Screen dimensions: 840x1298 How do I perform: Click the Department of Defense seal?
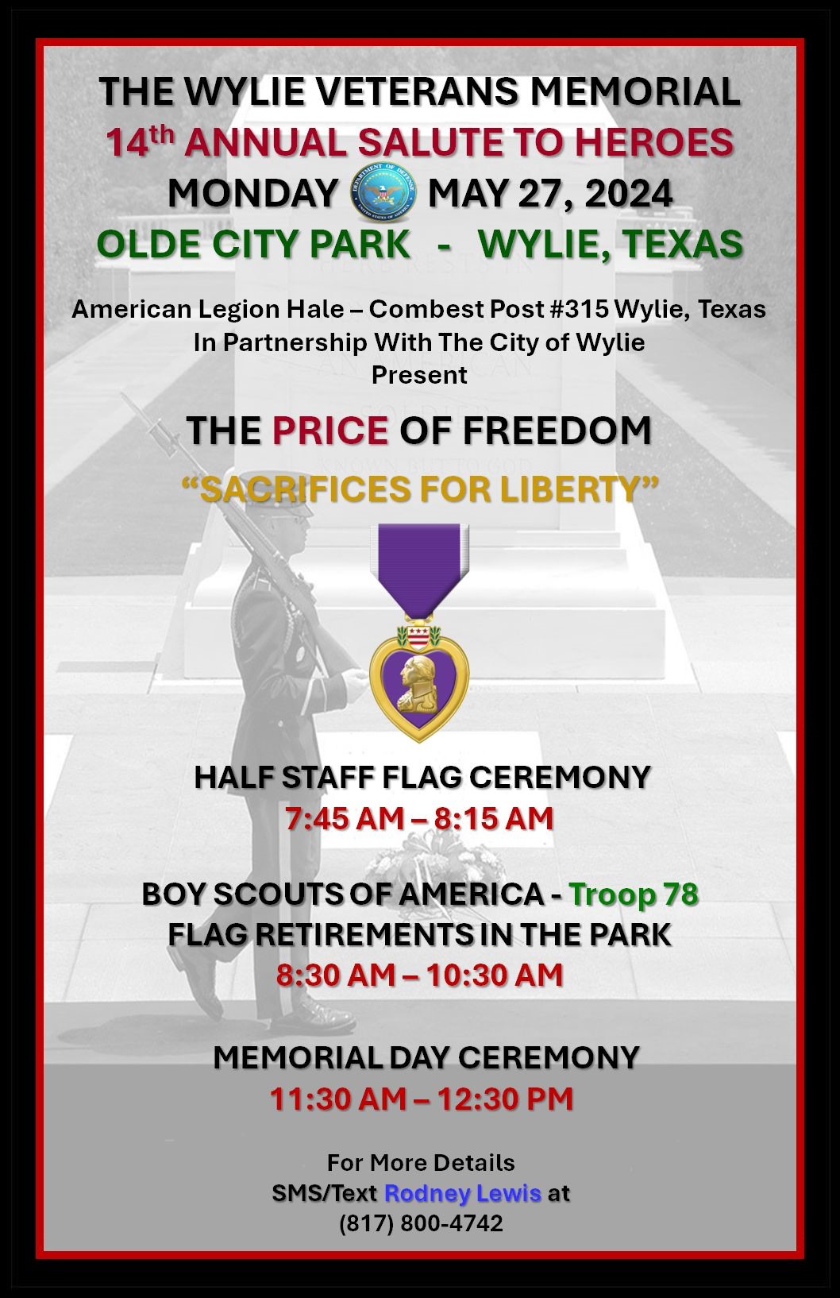(383, 193)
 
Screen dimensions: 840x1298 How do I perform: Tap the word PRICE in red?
(330, 431)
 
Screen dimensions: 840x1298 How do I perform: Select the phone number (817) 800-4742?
(421, 1222)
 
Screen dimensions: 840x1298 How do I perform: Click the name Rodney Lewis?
(463, 1192)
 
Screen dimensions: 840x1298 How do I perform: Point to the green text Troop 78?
(634, 894)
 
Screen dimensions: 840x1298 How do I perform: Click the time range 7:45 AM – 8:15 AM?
(419, 818)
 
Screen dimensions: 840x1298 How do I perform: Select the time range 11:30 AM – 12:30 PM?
(421, 1099)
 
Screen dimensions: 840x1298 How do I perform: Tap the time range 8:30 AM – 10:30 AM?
(419, 975)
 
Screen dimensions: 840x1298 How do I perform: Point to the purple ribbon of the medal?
(419, 568)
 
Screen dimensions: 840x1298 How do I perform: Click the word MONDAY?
(253, 193)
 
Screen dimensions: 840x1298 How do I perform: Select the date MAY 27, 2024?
(549, 194)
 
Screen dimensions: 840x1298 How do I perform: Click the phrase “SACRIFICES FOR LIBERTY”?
(420, 489)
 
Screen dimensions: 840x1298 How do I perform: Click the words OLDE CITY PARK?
(254, 243)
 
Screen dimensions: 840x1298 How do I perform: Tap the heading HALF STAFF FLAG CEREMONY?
(422, 777)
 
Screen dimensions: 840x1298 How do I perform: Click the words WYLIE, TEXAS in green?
(611, 243)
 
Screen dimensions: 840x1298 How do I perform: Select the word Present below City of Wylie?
(419, 375)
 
